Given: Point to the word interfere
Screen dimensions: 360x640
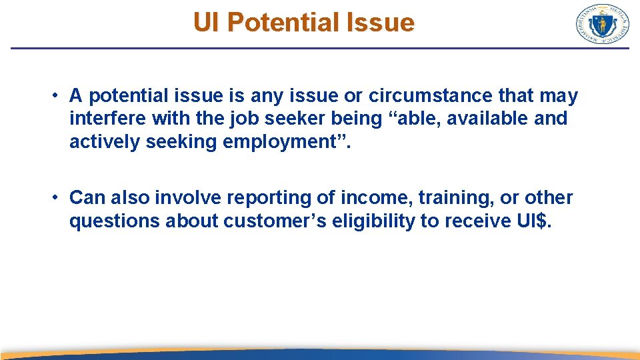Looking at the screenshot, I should [x=108, y=119].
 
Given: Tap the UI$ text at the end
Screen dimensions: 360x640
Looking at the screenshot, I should [x=534, y=221].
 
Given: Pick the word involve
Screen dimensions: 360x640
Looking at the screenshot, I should [x=191, y=198].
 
